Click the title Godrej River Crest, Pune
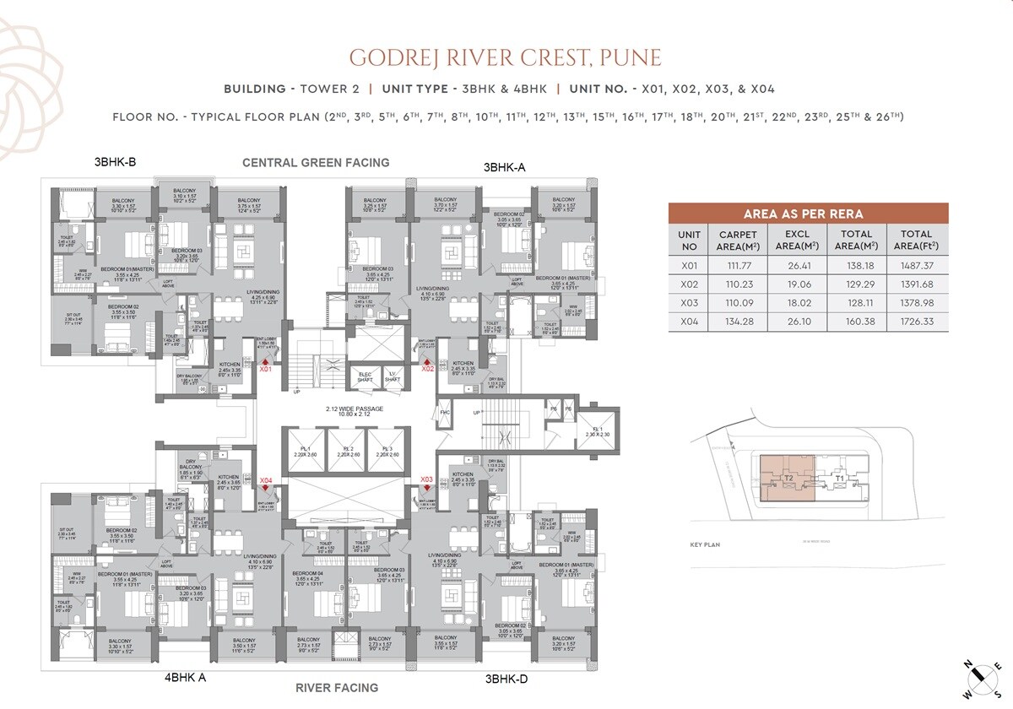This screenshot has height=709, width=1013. [x=506, y=57]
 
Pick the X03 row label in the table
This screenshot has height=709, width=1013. [x=690, y=302]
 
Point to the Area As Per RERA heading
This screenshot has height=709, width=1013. [x=808, y=214]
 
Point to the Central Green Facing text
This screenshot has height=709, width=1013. [x=316, y=162]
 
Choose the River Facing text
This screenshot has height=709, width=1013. [x=336, y=688]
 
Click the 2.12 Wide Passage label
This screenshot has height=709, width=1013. [x=355, y=412]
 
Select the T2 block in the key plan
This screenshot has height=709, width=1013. [x=787, y=478]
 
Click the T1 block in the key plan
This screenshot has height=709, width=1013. [x=839, y=479]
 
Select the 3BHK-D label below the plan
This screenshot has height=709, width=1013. [x=506, y=677]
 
